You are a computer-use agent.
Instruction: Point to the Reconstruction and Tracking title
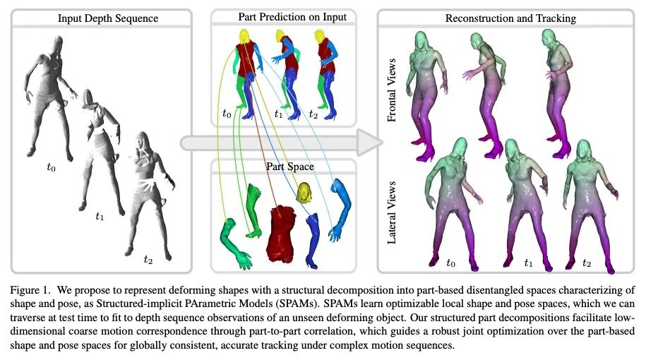(x=510, y=18)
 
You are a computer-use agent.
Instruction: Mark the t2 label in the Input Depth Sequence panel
(x=148, y=260)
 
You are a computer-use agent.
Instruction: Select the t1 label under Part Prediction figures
(x=277, y=113)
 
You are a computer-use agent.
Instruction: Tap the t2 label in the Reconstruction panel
(x=587, y=263)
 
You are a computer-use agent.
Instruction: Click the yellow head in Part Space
(x=305, y=191)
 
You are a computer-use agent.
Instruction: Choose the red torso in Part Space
(x=282, y=229)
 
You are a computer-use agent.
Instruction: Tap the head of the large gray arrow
(x=366, y=143)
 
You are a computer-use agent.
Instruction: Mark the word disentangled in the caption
(x=462, y=289)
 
